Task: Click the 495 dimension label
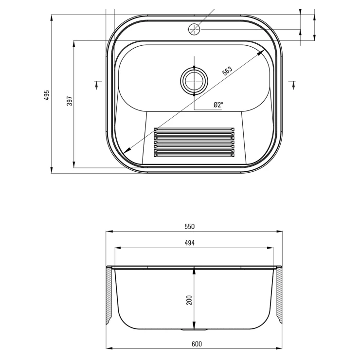[47, 95]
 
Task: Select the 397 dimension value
[70, 101]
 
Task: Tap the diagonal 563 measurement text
[227, 71]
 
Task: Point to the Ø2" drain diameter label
[218, 105]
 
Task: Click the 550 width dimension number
[189, 227]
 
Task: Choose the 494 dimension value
[189, 243]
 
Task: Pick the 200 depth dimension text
[189, 300]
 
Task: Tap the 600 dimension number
[197, 344]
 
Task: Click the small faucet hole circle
[194, 29]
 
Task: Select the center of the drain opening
[194, 81]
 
